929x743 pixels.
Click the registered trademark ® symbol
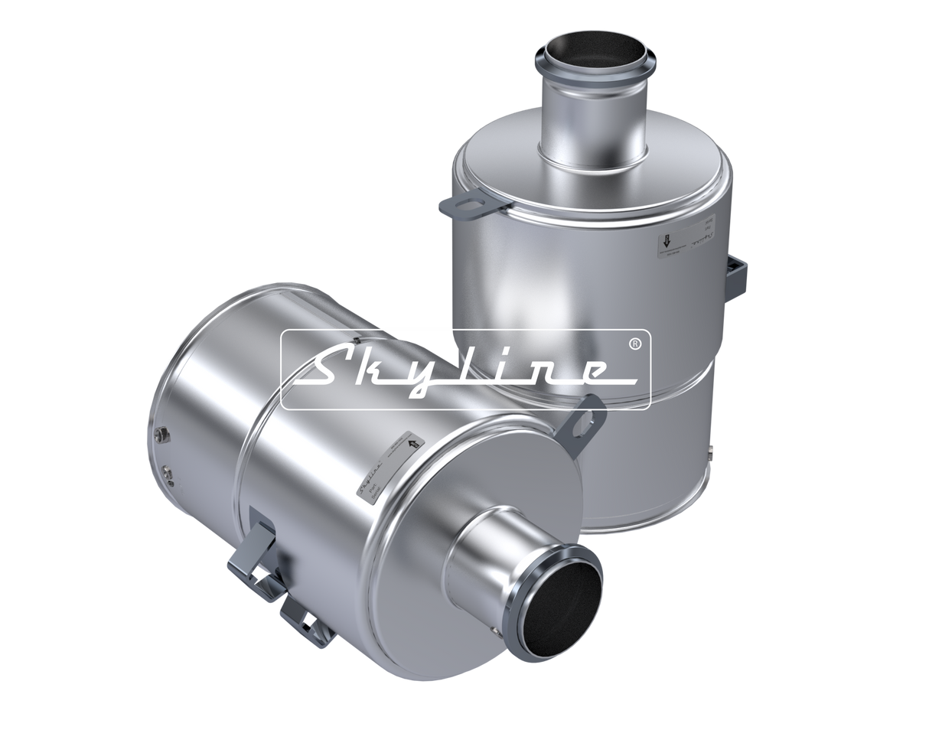coord(634,344)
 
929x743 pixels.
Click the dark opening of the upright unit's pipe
coord(573,65)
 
